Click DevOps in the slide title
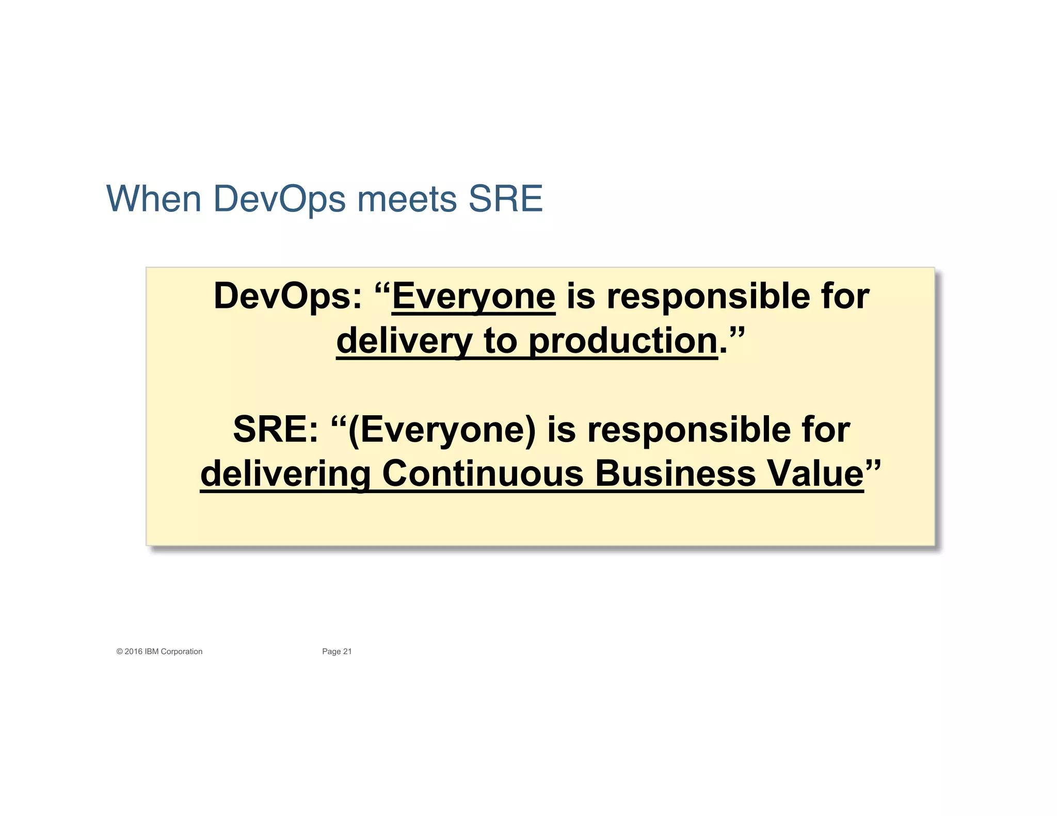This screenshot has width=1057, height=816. pos(279,200)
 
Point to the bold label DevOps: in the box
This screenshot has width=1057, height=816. pos(287,297)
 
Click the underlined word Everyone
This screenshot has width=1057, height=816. pos(474,297)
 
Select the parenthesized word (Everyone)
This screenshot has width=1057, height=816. pos(442,430)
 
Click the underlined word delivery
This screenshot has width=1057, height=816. pos(404,341)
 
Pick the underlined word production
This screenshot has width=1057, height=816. pos(623,341)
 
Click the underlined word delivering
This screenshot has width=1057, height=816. pos(285,474)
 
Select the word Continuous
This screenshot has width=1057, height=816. pos(483,474)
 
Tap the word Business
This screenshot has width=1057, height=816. pos(675,474)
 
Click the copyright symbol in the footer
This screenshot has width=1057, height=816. pos(119,651)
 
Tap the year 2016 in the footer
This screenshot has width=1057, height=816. pos(133,651)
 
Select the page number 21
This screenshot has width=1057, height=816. pos(347,651)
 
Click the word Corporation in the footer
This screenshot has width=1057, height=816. pos(182,651)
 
